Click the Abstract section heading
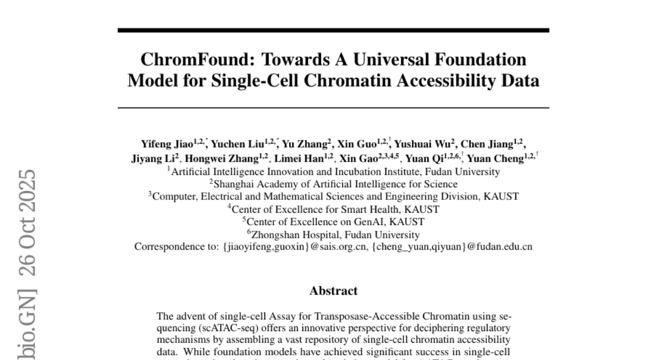333,291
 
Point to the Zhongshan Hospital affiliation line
333,235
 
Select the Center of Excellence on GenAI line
333,222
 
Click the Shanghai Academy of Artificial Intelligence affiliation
333,184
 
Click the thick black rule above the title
333,31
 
